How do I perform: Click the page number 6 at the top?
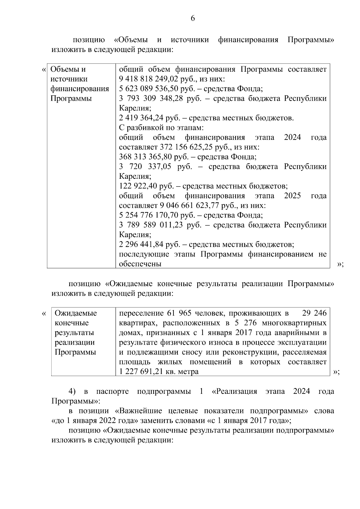pos(193,19)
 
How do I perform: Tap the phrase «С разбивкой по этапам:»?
pos(161,128)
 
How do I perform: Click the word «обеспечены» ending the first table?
pos(140,264)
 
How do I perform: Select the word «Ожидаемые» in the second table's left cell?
pos(76,313)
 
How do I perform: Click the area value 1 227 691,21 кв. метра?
pos(159,372)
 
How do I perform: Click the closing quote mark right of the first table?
pos(340,264)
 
